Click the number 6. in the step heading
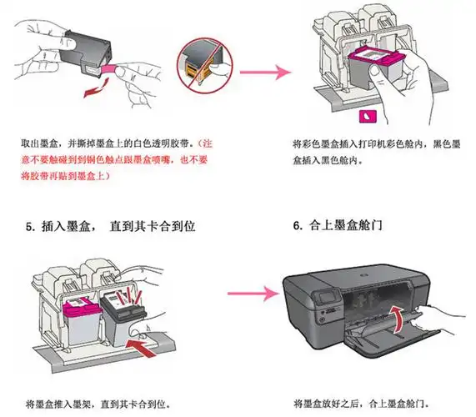[x=299, y=226]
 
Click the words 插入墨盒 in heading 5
[x=66, y=226]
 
